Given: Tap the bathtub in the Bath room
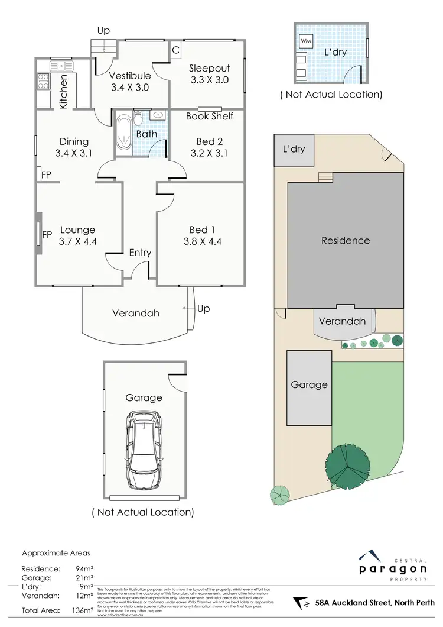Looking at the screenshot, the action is [x=123, y=134].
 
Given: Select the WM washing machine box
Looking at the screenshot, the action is [x=306, y=41].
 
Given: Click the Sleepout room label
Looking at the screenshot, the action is [x=209, y=68].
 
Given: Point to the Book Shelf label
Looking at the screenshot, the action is [x=209, y=117].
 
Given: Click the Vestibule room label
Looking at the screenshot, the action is [x=130, y=76].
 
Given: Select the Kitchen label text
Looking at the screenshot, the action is [x=63, y=91].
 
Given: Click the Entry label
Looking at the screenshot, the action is [x=140, y=253].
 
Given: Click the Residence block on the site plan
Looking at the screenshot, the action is [x=346, y=241].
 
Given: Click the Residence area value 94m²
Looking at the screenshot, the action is [x=83, y=570].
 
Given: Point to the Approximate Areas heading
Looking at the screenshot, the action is [x=56, y=554].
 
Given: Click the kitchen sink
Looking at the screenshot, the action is [x=60, y=66].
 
